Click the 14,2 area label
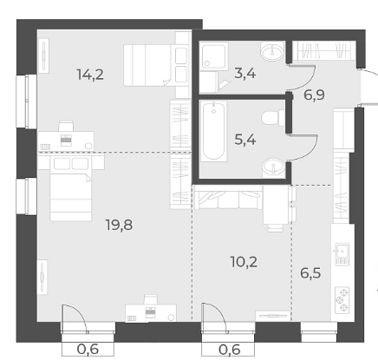click(x=90, y=75)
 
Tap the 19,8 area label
click(x=120, y=225)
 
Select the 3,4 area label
click(x=245, y=73)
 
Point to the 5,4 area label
click(x=245, y=141)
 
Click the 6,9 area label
click(x=314, y=95)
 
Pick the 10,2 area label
click(x=244, y=262)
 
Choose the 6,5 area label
click(x=310, y=272)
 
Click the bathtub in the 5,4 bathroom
click(x=214, y=131)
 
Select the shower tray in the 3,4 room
click(x=214, y=56)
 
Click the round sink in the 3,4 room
click(x=272, y=51)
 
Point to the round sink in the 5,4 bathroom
click(x=273, y=167)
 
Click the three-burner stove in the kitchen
click(x=342, y=300)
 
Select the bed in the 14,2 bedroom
click(x=156, y=65)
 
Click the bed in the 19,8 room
click(x=71, y=189)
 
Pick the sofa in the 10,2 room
click(x=228, y=197)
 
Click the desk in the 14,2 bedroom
click(x=66, y=141)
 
